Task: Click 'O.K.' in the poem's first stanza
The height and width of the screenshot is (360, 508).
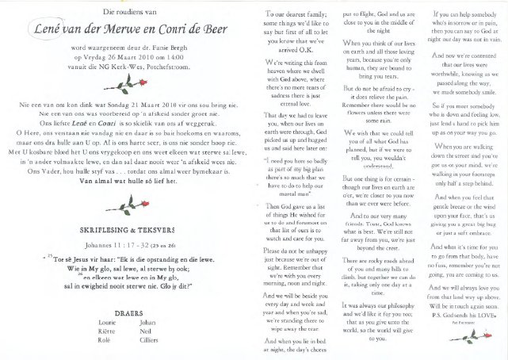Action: coord(305,46)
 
